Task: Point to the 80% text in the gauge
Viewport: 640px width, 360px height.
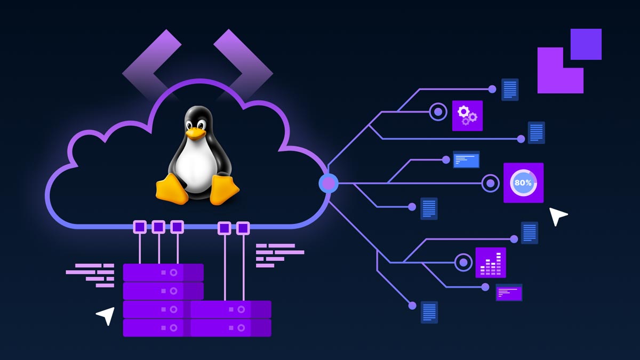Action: [523, 183]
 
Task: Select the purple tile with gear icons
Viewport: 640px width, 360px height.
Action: [467, 116]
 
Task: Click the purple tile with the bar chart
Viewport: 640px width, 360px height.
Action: [490, 262]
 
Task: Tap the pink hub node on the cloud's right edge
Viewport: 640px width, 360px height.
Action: [329, 183]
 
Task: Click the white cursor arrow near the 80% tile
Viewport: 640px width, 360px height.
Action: [557, 216]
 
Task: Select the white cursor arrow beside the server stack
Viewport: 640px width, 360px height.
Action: [106, 315]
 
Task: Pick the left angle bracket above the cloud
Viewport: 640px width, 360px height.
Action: [151, 64]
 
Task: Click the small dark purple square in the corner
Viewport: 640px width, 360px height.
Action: [586, 44]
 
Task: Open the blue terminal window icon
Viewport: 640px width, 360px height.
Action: [466, 159]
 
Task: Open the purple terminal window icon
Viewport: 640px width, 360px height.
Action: [509, 292]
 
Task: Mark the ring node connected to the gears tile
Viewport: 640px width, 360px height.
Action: [438, 112]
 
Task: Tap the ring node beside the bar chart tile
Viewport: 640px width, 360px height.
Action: [463, 262]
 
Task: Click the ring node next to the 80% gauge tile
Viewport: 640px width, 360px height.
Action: [490, 183]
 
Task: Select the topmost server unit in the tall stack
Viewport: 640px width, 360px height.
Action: [163, 272]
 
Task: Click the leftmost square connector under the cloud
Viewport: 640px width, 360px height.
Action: [140, 227]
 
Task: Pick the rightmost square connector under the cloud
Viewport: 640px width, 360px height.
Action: [243, 228]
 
